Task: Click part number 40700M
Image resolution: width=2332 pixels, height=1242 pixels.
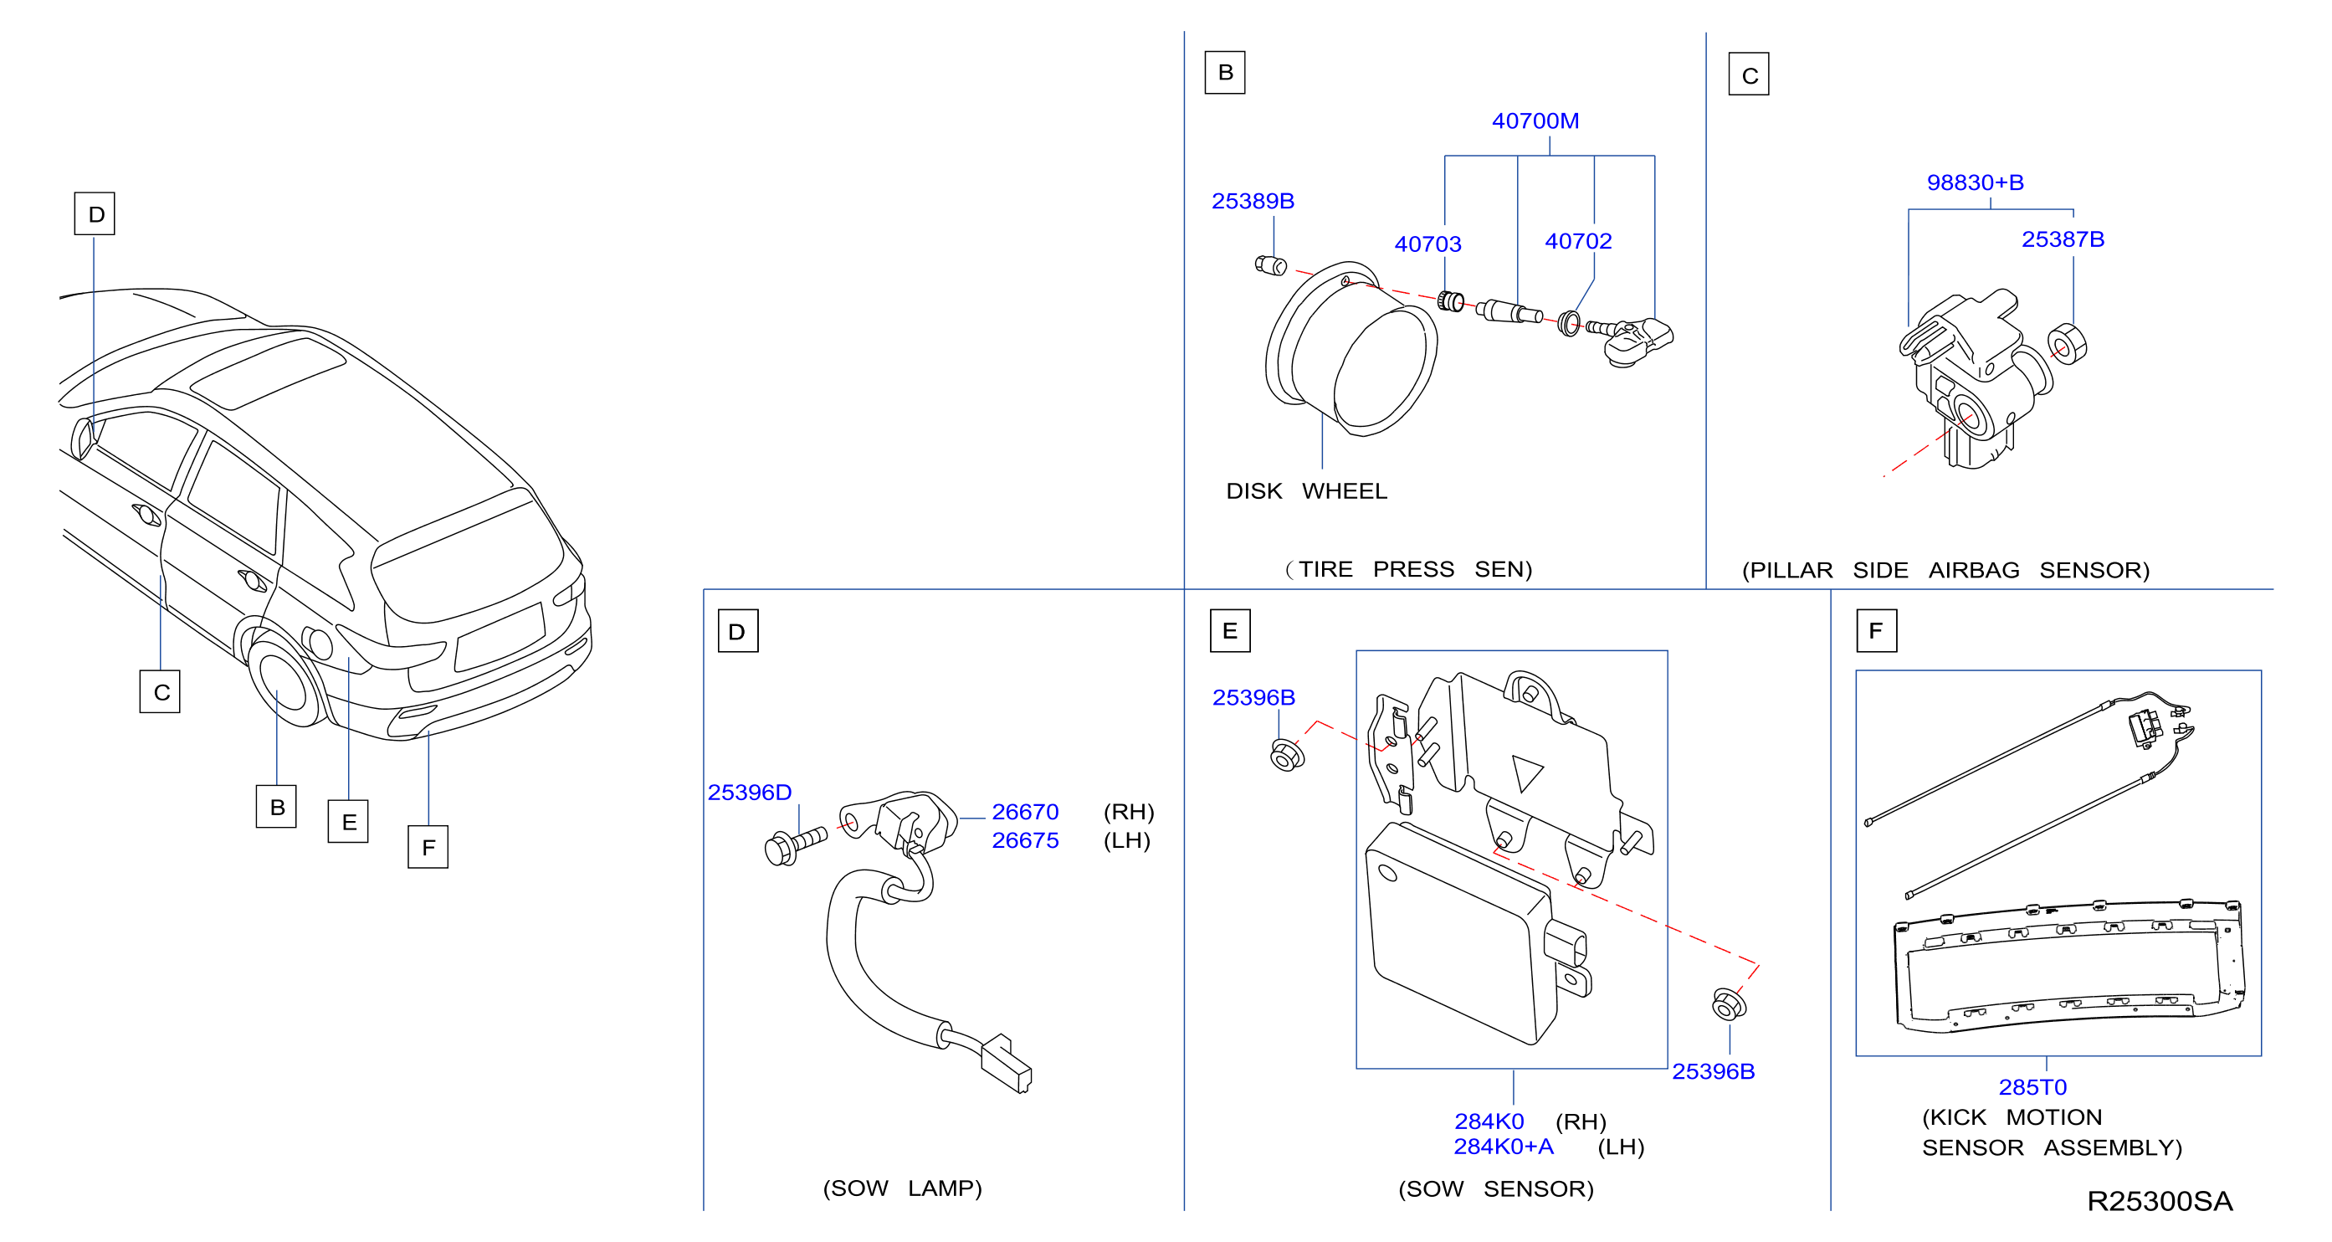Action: coord(1535,121)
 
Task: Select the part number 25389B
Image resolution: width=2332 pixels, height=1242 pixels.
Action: coord(1252,201)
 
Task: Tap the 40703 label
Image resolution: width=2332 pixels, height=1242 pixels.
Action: coord(1427,244)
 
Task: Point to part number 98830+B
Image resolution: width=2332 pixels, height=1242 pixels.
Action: coord(1975,182)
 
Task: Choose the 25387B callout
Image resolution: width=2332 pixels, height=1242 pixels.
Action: coord(2063,239)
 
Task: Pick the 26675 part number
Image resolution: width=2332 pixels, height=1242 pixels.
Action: coord(1025,840)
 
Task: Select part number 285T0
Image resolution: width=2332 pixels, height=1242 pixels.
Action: coord(2032,1086)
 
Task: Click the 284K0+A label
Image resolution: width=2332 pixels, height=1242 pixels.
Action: coord(1503,1146)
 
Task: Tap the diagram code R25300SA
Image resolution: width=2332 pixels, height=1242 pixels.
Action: coord(2159,1201)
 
